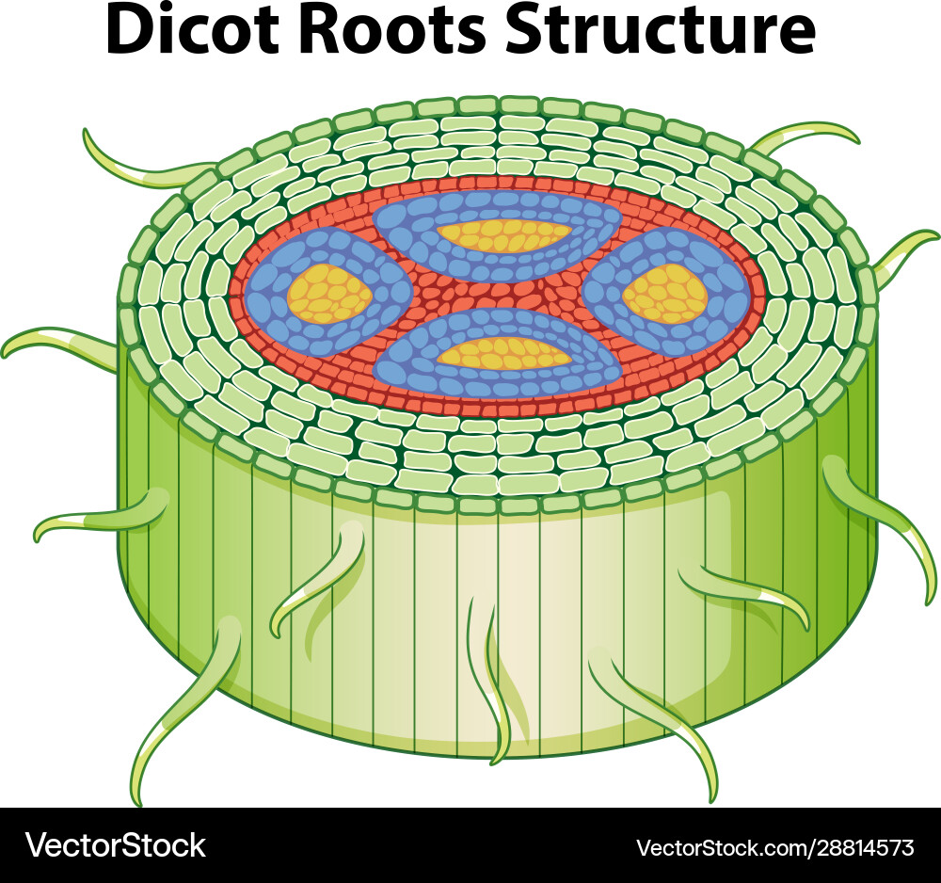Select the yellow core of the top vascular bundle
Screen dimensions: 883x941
tap(506, 235)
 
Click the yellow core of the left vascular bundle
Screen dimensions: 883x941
tap(329, 294)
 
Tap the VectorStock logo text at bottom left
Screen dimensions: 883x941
tap(115, 845)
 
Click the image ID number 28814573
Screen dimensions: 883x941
tap(855, 847)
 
